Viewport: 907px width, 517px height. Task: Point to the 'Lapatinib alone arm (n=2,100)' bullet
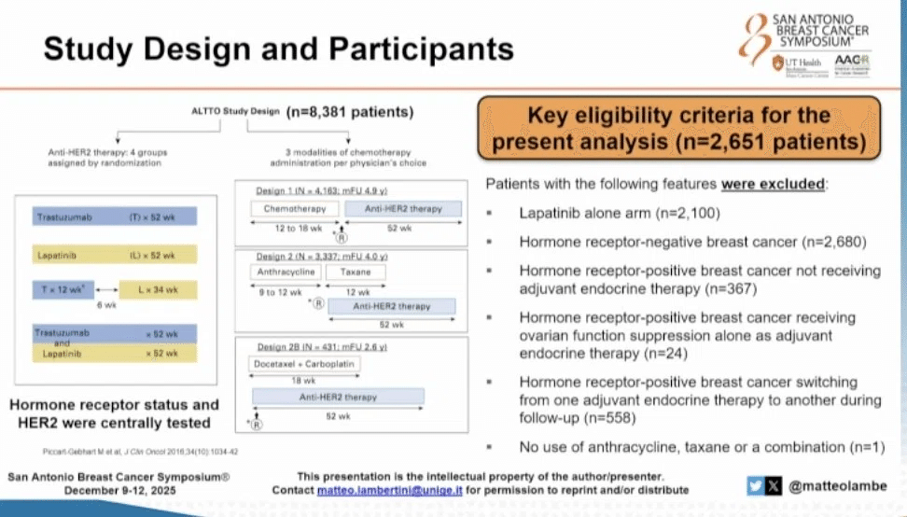click(x=619, y=214)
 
